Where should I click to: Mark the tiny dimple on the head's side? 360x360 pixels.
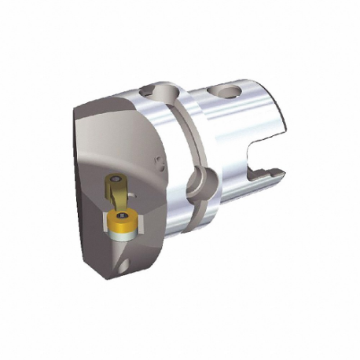point(160,167)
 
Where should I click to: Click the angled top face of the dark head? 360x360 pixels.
point(118,118)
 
